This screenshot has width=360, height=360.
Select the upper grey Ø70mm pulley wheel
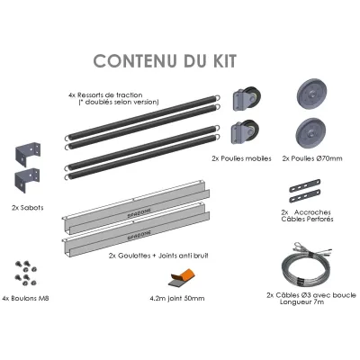tap(311, 94)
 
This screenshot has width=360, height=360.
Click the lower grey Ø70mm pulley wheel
tap(310, 133)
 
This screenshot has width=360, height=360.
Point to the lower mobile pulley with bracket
tap(245, 132)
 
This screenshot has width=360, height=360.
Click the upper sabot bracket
tap(28, 154)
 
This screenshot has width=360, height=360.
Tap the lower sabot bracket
tap(27, 181)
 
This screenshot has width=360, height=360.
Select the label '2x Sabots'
tap(28, 208)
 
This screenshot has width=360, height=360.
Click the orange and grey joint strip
tap(183, 277)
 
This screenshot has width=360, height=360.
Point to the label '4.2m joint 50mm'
tap(177, 298)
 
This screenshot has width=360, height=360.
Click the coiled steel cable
tap(304, 264)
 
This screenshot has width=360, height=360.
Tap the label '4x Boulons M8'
tap(25, 299)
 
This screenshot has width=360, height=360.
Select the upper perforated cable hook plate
tap(305, 185)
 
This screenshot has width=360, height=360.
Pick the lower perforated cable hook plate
tap(305, 195)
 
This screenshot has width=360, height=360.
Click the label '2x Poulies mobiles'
tap(241, 158)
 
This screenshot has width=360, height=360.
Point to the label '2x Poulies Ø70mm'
tap(312, 158)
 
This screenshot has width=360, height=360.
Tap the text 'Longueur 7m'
tap(301, 301)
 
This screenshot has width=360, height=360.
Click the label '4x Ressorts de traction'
tap(105, 95)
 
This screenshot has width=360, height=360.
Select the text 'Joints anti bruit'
tap(183, 256)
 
